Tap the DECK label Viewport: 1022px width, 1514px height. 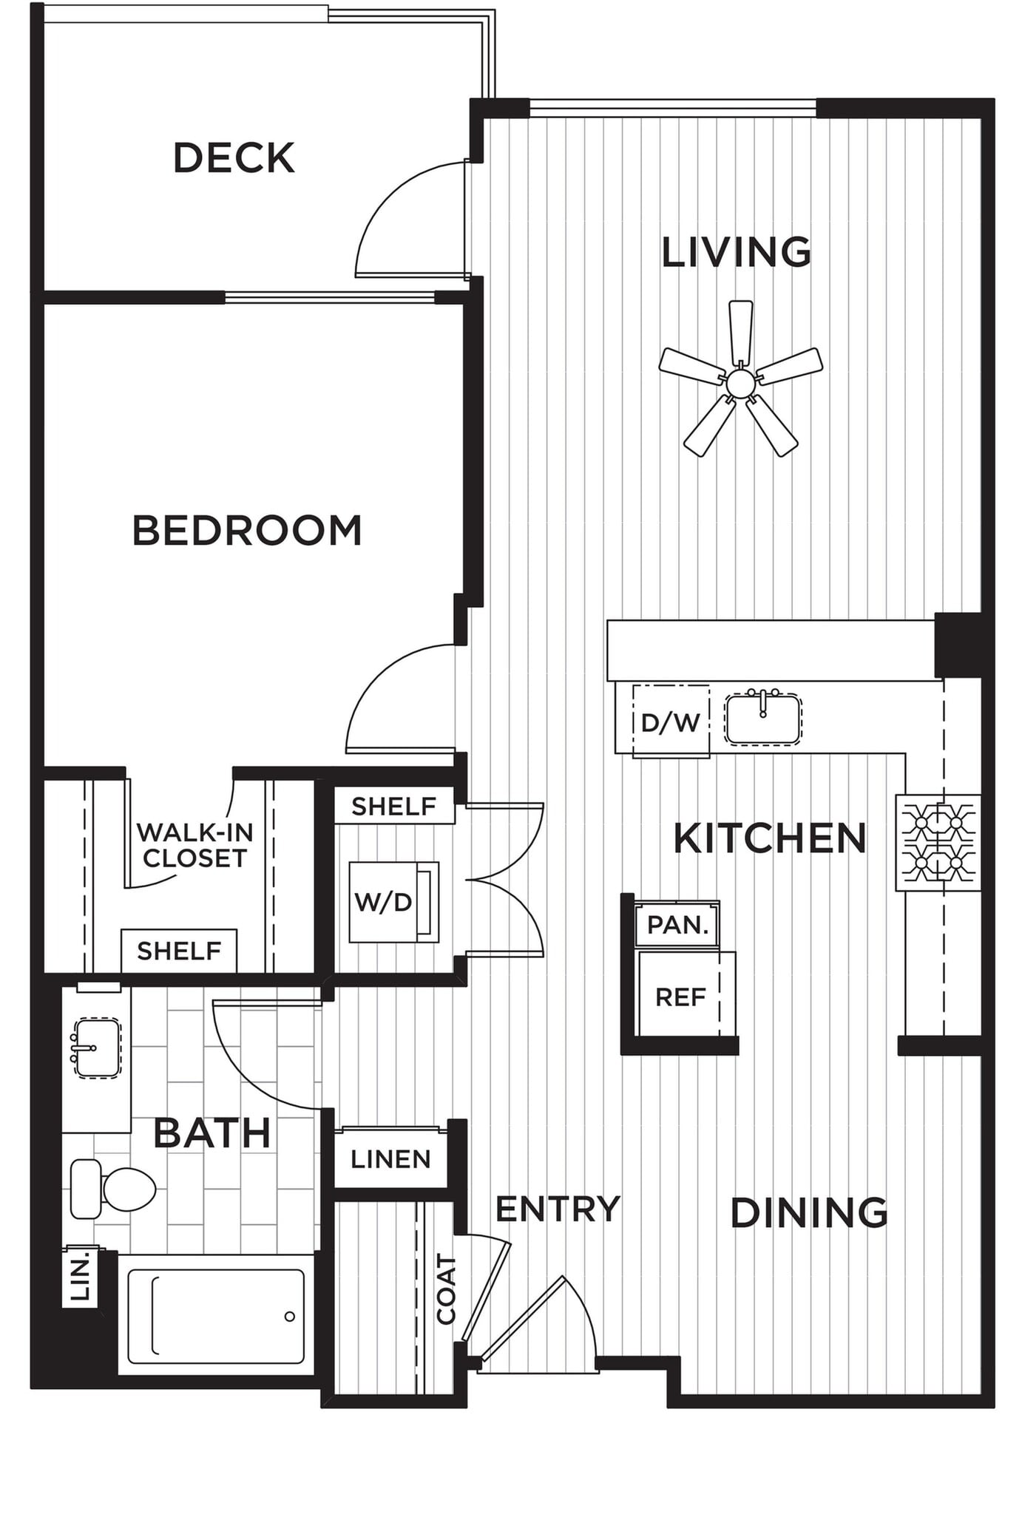pos(234,158)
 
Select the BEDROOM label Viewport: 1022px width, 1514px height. pos(247,531)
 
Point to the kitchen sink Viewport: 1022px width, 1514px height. pos(762,719)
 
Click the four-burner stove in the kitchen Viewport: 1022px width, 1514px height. pos(938,843)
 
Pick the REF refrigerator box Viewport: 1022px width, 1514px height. pos(680,997)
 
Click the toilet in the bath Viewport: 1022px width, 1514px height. pos(112,1188)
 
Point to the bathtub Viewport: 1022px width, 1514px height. pos(216,1316)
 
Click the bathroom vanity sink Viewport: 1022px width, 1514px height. pos(97,1048)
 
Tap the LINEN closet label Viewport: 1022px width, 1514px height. pos(390,1159)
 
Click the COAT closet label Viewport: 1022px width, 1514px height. pos(446,1289)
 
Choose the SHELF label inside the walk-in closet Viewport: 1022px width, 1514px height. pos(179,951)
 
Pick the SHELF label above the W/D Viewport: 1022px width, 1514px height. pos(393,807)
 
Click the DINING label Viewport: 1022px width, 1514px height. pos(809,1213)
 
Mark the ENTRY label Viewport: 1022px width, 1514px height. pos(558,1209)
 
